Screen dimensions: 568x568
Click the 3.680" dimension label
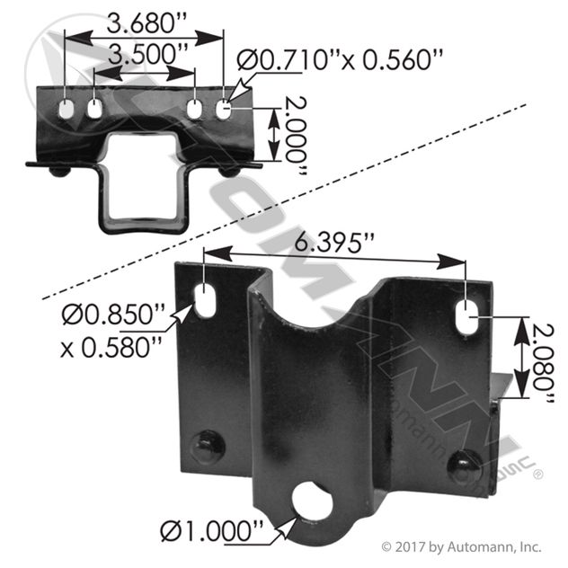(146, 23)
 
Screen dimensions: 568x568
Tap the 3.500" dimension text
(148, 54)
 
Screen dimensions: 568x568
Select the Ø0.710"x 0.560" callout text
(340, 59)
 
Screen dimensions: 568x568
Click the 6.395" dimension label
(333, 243)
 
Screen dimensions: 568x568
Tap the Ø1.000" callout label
(211, 531)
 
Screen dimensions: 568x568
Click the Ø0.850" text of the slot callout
(113, 314)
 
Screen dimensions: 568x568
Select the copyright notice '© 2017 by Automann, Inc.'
(462, 546)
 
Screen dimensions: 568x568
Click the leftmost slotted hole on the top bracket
(66, 109)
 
